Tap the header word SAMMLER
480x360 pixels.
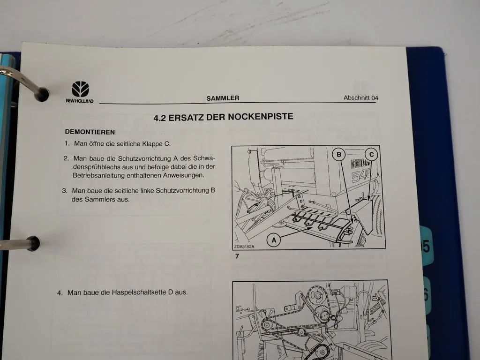pyautogui.click(x=223, y=98)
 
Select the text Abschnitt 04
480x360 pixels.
pyautogui.click(x=360, y=98)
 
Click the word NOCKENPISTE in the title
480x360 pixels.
pyautogui.click(x=261, y=117)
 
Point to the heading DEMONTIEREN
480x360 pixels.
pyautogui.click(x=90, y=132)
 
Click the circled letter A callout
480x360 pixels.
pyautogui.click(x=274, y=240)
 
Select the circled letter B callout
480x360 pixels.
pyautogui.click(x=339, y=154)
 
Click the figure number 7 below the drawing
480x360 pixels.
pyautogui.click(x=237, y=256)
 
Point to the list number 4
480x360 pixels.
pyautogui.click(x=60, y=292)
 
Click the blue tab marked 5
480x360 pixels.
pyautogui.click(x=426, y=247)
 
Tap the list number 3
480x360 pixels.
pyautogui.click(x=65, y=191)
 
